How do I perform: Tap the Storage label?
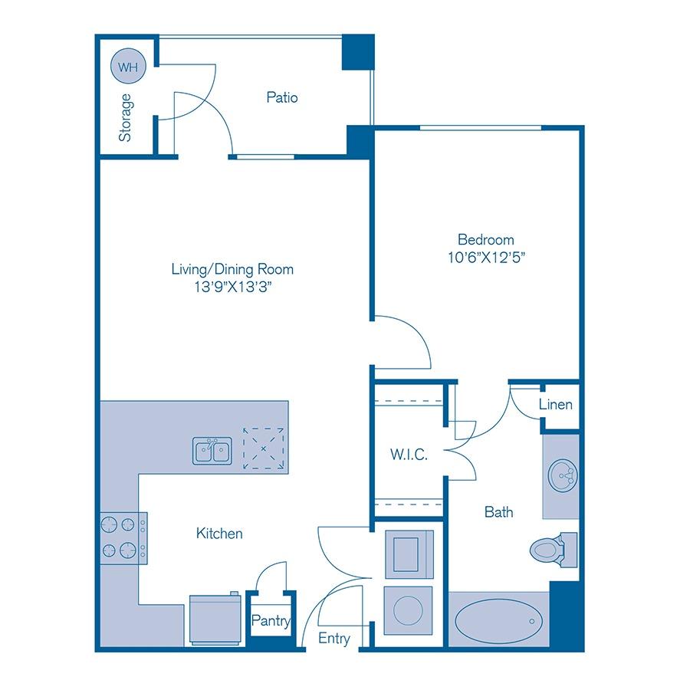[x=125, y=117]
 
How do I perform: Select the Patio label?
[x=281, y=97]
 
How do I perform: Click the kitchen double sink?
[x=212, y=450]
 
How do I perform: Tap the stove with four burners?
[x=123, y=537]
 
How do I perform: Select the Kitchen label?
[x=219, y=533]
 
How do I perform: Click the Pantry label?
[x=271, y=621]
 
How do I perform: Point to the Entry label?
[x=334, y=639]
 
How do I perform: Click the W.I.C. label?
[x=409, y=455]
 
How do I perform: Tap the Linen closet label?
[x=555, y=404]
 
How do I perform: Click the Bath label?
[x=498, y=511]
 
